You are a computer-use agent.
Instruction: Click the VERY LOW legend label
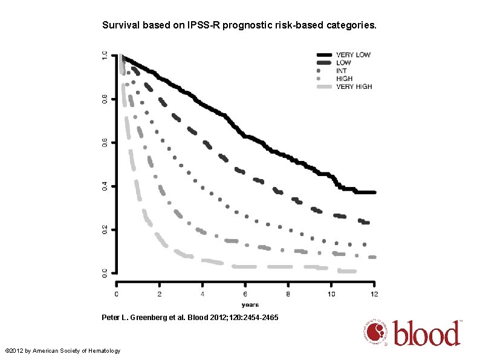click(354, 55)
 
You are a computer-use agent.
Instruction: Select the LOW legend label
click(344, 63)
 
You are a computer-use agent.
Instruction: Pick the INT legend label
click(342, 71)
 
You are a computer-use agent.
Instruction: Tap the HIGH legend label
click(345, 79)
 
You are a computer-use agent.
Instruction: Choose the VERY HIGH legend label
click(354, 87)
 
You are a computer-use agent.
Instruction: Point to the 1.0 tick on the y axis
click(105, 56)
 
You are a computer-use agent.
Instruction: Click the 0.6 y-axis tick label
click(105, 142)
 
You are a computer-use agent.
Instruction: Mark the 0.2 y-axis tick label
click(105, 229)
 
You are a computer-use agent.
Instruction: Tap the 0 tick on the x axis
click(117, 294)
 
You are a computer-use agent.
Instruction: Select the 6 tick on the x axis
click(246, 294)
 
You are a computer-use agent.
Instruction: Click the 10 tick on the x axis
click(331, 294)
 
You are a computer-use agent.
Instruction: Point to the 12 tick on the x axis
click(374, 294)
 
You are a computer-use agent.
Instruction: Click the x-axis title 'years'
click(250, 304)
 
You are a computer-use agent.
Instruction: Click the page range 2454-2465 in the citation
click(258, 317)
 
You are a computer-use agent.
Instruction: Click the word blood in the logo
click(427, 333)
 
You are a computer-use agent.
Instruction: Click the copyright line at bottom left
click(63, 351)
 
